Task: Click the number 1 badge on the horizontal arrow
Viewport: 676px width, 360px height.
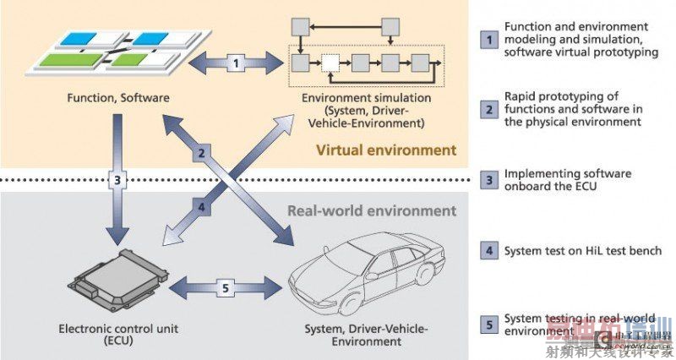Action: (x=237, y=61)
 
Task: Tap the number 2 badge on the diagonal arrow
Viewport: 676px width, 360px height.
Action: (x=201, y=154)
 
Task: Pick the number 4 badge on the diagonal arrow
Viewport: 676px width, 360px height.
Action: (x=201, y=205)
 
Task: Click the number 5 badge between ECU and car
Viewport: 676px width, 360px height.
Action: (x=224, y=286)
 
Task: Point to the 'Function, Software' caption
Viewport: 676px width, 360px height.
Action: (x=119, y=98)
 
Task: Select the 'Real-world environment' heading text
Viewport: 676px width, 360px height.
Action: (x=373, y=211)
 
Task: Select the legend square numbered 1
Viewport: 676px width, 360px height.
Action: (x=487, y=39)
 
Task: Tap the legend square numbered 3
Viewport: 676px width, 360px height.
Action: (x=487, y=180)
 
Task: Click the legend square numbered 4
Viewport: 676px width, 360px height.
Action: (x=487, y=251)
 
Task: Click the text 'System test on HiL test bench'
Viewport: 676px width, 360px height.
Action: (x=583, y=251)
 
